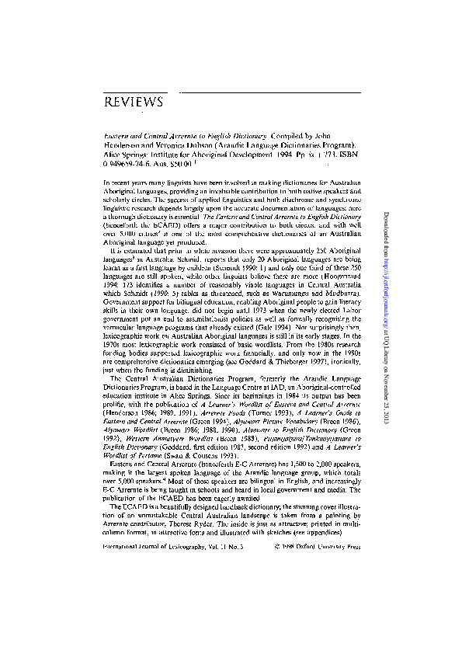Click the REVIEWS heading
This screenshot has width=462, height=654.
point(133,103)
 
